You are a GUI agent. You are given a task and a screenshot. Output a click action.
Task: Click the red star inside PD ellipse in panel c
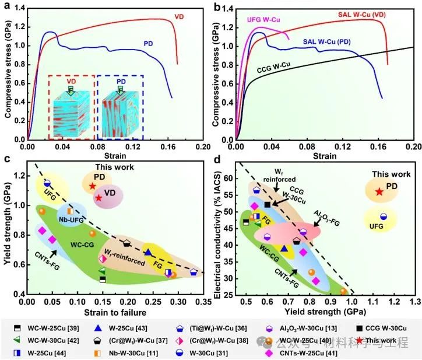pyautogui.click(x=93, y=186)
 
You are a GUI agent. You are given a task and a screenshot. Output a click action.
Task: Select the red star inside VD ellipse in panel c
pyautogui.click(x=99, y=198)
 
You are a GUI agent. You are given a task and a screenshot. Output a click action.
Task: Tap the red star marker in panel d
pyautogui.click(x=379, y=192)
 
